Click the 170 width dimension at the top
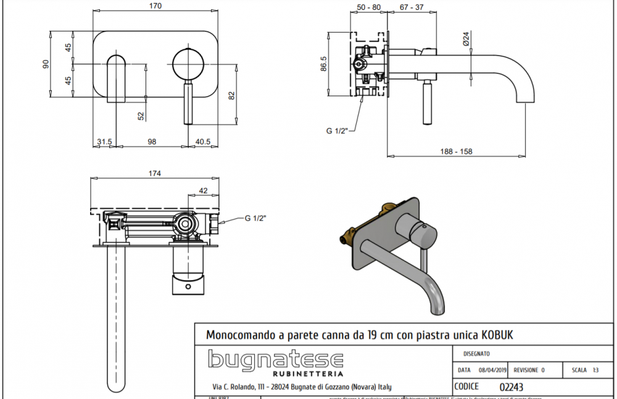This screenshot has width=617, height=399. [x=155, y=6]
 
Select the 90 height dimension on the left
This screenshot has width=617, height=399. [x=45, y=64]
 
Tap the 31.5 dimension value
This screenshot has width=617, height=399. [x=104, y=141]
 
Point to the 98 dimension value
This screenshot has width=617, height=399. [x=152, y=141]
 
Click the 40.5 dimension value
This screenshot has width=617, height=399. [x=202, y=141]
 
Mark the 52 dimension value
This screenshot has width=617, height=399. [x=141, y=115]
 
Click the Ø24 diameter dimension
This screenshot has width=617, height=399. [x=466, y=39]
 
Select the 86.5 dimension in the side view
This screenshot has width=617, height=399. [x=323, y=64]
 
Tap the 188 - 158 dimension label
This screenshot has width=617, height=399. [x=457, y=151]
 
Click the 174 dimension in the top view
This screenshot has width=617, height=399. [x=154, y=173]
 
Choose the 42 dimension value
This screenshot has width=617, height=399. [x=204, y=190]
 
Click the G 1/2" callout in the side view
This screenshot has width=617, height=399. [x=337, y=130]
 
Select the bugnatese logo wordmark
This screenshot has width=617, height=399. [x=275, y=360]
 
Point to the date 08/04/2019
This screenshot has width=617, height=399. [x=491, y=370]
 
